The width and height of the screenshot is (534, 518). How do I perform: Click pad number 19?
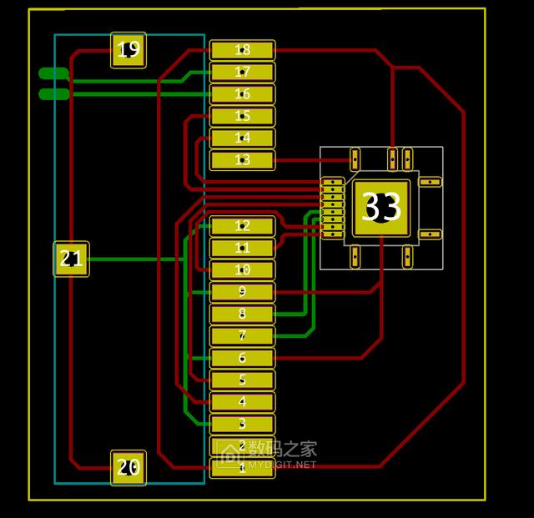click(128, 50)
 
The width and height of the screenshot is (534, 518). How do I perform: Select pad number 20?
click(128, 468)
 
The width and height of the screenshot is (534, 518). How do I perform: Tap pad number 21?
click(72, 259)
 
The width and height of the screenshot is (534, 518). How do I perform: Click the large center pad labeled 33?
click(382, 208)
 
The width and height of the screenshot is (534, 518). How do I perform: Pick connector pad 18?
click(242, 51)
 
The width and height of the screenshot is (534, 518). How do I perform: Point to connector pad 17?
click(242, 73)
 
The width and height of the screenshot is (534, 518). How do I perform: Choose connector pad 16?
click(242, 94)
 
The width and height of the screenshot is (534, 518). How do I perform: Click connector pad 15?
click(242, 117)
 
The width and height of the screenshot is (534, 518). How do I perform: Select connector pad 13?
click(242, 160)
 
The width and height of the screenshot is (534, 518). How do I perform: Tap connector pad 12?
click(242, 226)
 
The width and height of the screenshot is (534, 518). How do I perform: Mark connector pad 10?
click(242, 270)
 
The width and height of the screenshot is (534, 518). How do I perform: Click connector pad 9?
click(242, 292)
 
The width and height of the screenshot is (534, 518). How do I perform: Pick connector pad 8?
click(242, 314)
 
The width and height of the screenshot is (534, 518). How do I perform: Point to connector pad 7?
click(242, 336)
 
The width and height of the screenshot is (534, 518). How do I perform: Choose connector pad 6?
click(242, 359)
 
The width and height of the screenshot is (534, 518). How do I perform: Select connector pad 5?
click(242, 380)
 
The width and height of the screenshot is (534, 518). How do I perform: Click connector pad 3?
click(242, 425)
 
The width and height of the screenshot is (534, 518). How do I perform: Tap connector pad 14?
click(242, 138)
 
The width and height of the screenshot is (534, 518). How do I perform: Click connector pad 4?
click(242, 402)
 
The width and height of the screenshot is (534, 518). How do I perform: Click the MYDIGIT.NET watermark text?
click(281, 465)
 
